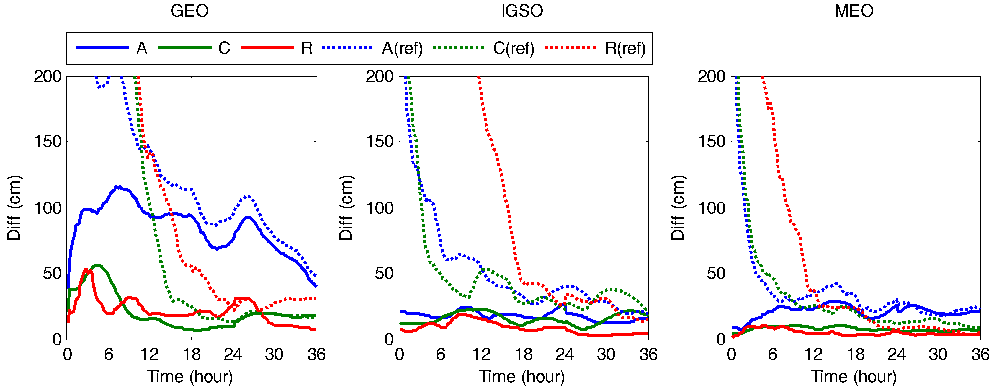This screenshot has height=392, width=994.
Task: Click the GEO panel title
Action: (x=189, y=11)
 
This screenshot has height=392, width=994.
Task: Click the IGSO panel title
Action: (x=522, y=11)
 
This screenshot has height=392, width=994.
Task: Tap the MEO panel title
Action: (x=854, y=11)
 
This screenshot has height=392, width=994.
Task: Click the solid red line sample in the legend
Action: (x=267, y=47)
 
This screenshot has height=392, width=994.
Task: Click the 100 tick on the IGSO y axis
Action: (x=380, y=208)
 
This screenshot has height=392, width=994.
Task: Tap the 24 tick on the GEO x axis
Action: (x=233, y=354)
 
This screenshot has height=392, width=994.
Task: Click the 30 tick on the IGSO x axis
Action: (x=606, y=354)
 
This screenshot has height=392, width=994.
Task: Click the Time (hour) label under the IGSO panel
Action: (x=522, y=376)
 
